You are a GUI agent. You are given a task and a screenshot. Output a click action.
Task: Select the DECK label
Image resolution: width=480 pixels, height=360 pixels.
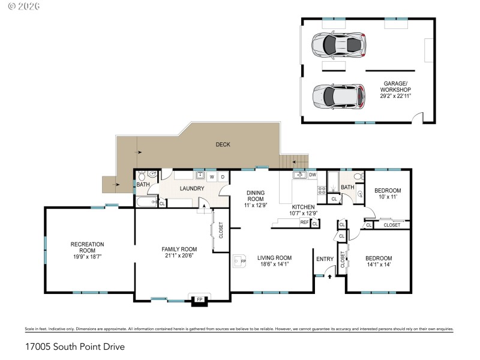tap(223, 145)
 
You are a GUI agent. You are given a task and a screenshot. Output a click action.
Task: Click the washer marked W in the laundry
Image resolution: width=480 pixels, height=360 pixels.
tap(212, 177)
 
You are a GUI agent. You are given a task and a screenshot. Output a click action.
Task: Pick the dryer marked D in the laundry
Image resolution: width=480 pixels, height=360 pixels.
tap(222, 177)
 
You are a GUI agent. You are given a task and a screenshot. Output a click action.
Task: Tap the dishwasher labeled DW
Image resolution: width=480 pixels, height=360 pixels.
tap(312, 175)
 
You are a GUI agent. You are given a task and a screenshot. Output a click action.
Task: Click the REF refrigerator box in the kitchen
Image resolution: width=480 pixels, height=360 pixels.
tap(304, 223)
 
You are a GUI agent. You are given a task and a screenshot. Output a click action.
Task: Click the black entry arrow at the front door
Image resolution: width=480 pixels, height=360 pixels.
tap(329, 277)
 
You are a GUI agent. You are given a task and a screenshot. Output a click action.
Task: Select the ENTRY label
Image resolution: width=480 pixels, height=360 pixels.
tap(325, 259)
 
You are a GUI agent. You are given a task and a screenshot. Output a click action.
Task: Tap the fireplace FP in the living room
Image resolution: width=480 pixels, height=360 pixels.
tap(239, 262)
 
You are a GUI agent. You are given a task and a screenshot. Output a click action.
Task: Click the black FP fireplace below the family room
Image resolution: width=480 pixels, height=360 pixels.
tap(199, 301)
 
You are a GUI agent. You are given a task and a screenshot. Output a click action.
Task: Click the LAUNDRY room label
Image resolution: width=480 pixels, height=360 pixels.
tap(192, 188)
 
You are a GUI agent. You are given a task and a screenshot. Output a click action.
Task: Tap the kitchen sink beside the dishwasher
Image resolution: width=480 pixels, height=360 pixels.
tap(299, 175)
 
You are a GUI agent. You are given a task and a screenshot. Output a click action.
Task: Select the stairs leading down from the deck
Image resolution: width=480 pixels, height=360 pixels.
tap(296, 161)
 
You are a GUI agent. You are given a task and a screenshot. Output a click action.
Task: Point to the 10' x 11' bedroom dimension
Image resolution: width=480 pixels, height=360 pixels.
tap(387, 196)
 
